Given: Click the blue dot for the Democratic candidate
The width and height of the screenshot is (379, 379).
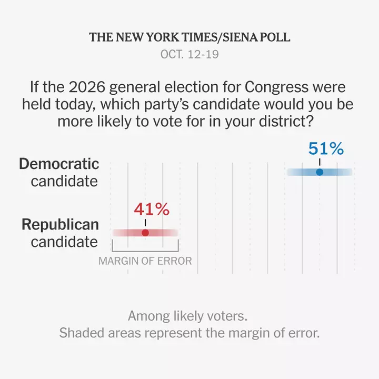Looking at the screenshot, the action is tap(320, 172).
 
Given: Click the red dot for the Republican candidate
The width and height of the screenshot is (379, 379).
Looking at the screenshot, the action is tap(145, 233).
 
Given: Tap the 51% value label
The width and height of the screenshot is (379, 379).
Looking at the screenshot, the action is tap(326, 148).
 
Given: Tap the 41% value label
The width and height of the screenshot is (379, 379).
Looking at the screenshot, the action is tap(152, 209).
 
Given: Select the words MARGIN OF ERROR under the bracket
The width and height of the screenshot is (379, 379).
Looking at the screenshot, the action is tap(145, 261).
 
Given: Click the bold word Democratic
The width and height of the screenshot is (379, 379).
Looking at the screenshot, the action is tap(59, 164).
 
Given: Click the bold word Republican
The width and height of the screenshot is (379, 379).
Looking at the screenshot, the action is tap(60, 225).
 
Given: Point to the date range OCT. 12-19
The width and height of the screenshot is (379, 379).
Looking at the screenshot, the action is tap(189, 54).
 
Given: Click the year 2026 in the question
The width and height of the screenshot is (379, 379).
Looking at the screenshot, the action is tap(87, 87).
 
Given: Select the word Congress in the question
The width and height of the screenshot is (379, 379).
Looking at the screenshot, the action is tap(276, 87).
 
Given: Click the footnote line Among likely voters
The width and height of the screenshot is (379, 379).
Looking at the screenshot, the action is tap(188, 316).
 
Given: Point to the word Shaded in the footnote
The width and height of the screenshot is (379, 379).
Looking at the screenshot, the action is tap(82, 333).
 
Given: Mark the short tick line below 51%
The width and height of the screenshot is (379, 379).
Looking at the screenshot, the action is tap(320, 162).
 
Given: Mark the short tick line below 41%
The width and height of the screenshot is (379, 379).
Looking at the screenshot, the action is tap(145, 223).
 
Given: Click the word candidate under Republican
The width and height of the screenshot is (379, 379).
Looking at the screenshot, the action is tap(64, 242).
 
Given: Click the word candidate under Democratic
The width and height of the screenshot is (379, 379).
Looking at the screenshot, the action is tap(64, 181).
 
